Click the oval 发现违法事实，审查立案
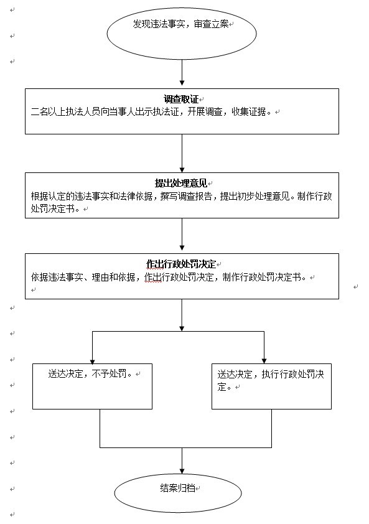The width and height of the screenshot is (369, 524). click(x=182, y=34)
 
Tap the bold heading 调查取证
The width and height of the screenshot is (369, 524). click(x=181, y=99)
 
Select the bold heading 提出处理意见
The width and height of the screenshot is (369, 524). click(x=181, y=183)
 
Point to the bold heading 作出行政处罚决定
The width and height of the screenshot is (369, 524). click(x=181, y=264)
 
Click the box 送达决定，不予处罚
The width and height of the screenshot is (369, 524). click(x=92, y=386)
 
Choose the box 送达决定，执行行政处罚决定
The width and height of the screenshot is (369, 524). click(x=271, y=386)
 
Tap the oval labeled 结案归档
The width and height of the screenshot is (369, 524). click(x=178, y=493)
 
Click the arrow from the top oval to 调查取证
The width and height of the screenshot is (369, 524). click(x=182, y=73)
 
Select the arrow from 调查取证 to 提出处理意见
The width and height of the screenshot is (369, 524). click(x=182, y=153)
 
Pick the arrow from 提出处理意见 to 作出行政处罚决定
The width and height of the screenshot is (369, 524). click(x=182, y=235)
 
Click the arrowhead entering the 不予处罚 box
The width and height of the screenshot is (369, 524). click(x=92, y=361)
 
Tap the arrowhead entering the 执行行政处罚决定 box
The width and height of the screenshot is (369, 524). click(x=264, y=361)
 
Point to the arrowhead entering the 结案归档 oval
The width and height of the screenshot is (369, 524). click(x=182, y=471)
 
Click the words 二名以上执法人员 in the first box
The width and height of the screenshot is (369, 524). click(x=65, y=111)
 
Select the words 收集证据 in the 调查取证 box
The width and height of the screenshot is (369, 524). click(x=249, y=111)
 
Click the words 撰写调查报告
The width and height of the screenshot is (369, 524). click(x=186, y=196)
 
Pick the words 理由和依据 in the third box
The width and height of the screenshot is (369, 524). click(x=113, y=277)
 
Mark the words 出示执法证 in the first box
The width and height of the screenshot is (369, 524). click(x=157, y=111)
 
